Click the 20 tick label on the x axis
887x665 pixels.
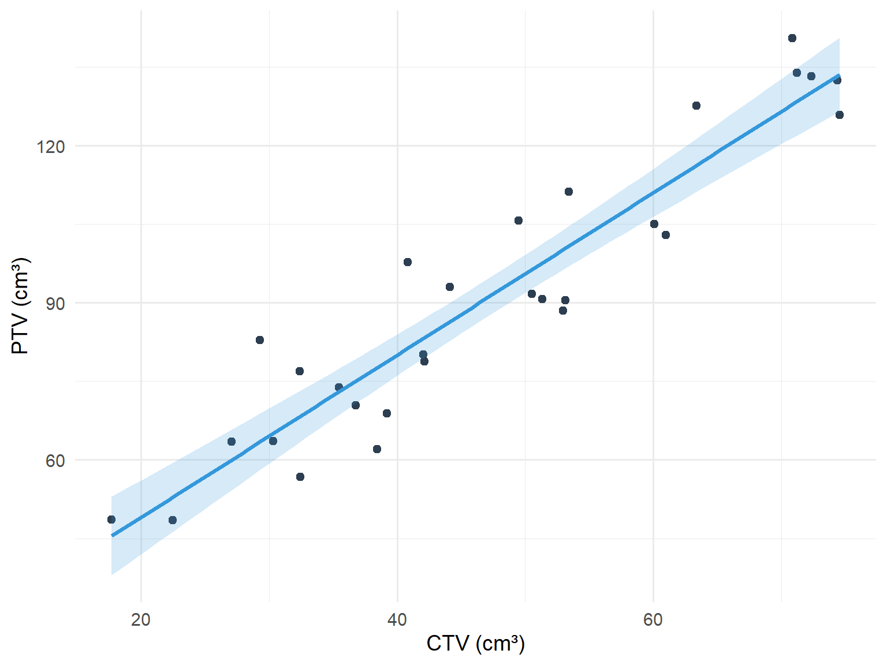pos(141,620)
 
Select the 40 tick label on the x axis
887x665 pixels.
pos(397,620)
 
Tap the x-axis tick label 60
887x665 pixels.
pos(653,620)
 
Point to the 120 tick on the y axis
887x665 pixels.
pos(51,147)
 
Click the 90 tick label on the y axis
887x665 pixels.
pos(55,304)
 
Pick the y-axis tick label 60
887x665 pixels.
pos(55,461)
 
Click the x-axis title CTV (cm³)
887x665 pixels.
pos(475,643)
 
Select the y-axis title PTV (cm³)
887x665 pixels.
pos(21,306)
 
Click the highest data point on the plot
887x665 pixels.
pos(792,38)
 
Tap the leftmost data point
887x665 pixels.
pos(111,520)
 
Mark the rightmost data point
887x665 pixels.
pos(840,115)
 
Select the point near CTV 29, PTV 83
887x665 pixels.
pos(260,340)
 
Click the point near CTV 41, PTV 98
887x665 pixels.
pos(408,262)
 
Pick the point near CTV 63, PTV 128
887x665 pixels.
pos(696,106)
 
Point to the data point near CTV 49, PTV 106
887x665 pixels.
pos(519,221)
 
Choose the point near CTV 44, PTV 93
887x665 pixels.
pos(450,287)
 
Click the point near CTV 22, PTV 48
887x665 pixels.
pos(173,520)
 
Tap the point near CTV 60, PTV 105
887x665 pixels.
pos(654,224)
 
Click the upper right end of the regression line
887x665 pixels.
pos(838,75)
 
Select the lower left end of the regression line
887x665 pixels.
pos(112,536)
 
